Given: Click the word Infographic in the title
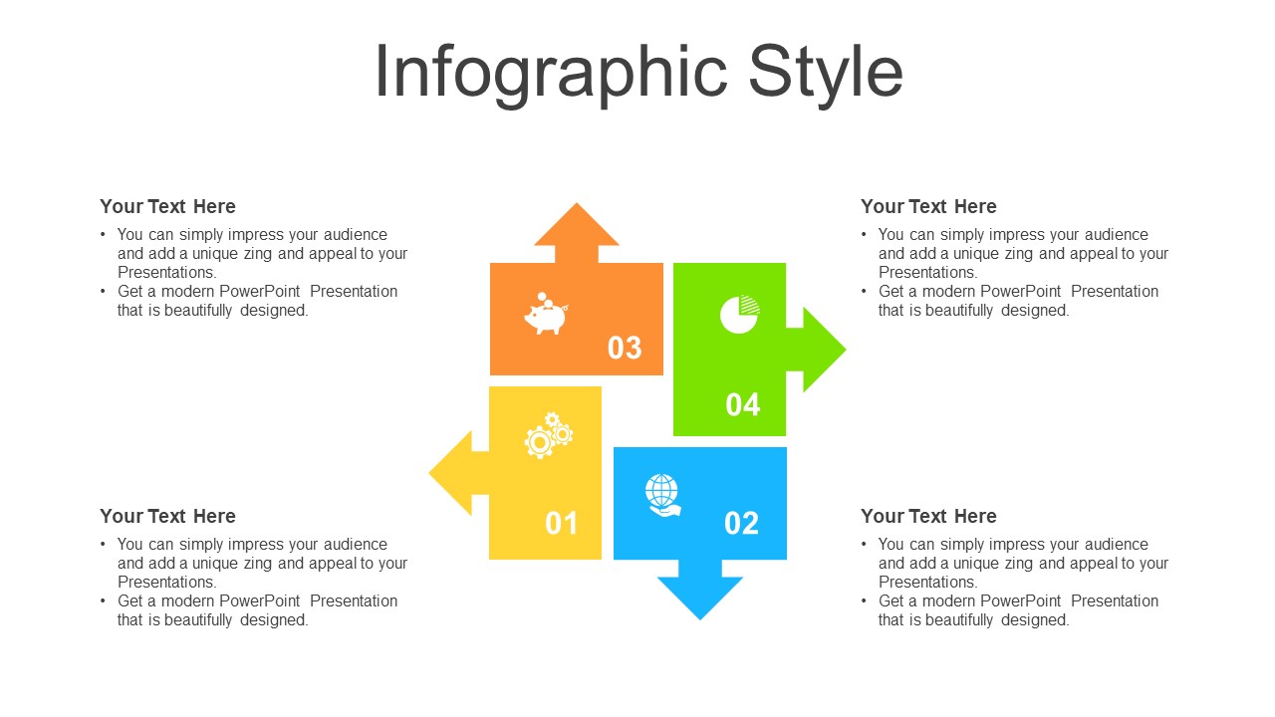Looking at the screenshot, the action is pos(551,75).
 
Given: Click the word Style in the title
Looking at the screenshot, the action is pos(826,75).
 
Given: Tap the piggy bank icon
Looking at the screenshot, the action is pos(546,314).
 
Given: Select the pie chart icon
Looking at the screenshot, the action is pos(740,314).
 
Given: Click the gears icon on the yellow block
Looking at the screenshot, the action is pos(549,435).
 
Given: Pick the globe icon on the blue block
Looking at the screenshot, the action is pos(663,495).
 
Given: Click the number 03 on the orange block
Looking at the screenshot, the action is pos(625,348).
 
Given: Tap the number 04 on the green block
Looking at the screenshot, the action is pos(743,404).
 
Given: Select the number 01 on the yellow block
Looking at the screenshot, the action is pos(561,523).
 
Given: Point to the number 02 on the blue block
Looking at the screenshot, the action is pos(742,523).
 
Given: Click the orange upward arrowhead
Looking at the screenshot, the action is pos(577,225).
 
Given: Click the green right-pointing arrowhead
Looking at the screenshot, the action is pos(824,350).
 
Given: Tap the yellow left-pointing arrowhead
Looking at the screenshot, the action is pos(451,473).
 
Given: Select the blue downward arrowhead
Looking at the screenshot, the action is pos(700,598).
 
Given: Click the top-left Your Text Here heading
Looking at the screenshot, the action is pos(167,206).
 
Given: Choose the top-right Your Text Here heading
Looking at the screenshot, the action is pos(928,206).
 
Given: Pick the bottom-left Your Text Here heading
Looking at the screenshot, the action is pos(167,516).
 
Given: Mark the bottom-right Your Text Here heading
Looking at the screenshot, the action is pos(928,516).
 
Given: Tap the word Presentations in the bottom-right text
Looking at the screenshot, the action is pos(927,583).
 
